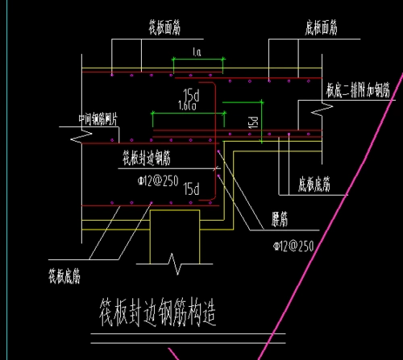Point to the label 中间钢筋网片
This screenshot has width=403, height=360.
click(100, 120)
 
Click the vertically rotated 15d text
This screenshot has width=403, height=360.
click(252, 123)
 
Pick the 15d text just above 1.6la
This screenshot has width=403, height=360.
click(191, 93)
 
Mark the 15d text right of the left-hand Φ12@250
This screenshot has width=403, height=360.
click(192, 190)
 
